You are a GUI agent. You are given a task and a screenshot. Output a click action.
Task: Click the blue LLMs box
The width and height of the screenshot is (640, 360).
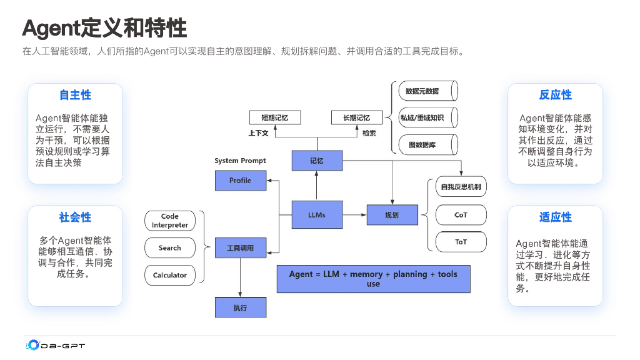pos(317,215)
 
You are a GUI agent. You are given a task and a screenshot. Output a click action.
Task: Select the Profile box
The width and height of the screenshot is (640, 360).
pos(241,181)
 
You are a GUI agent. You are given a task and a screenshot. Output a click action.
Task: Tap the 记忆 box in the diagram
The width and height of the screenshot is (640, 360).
pos(317,161)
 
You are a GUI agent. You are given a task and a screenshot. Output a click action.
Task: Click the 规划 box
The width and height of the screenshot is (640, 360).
pos(392,215)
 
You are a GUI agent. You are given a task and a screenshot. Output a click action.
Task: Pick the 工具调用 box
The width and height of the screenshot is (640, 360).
pos(241,247)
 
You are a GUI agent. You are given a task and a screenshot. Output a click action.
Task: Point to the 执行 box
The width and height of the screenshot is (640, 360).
pos(241,307)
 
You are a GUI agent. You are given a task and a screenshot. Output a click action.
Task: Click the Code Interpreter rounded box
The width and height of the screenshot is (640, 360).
pos(170,221)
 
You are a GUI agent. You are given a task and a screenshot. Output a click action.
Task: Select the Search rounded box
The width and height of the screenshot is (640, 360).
pos(170,247)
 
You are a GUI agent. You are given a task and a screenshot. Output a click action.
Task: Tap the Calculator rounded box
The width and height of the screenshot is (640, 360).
pos(170,275)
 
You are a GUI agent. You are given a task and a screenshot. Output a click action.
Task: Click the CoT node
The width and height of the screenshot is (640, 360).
pos(461,215)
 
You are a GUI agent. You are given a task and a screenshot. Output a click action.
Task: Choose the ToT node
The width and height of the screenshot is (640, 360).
pos(461,242)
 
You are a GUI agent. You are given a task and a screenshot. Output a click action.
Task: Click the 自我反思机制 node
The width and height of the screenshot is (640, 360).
pos(461,187)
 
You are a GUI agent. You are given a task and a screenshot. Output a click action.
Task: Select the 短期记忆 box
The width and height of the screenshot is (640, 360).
pos(275,117)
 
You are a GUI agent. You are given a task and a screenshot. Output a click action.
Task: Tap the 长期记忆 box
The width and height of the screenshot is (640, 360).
pos(357,117)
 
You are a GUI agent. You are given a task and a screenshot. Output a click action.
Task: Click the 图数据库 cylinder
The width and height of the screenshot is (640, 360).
pos(428,145)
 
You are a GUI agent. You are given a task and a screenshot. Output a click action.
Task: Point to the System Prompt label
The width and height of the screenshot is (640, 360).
pos(240,161)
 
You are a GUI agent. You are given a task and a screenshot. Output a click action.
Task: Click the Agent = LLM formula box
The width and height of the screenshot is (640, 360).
pos(374,279)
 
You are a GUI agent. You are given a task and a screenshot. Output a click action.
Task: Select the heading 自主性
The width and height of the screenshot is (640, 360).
pos(75,95)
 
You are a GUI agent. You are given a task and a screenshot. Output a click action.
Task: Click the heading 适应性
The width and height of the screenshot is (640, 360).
pos(555,217)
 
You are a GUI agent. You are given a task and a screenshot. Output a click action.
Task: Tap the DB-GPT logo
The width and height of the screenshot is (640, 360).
pos(56,345)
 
